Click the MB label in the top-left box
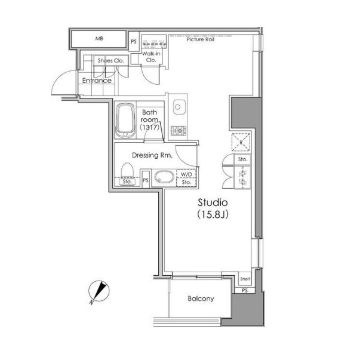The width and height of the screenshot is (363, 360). [99, 39]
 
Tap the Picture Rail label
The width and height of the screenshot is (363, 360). [201, 39]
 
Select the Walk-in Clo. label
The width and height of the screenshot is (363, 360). [151, 57]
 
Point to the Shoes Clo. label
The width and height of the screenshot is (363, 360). [111, 61]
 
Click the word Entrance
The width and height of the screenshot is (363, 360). [97, 81]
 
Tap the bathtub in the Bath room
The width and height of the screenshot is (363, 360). [125, 121]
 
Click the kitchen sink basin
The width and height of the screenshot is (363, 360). [178, 107]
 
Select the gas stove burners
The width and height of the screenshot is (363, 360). [179, 131]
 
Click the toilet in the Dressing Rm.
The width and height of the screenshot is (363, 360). [127, 170]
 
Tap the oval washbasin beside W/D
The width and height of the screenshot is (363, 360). [164, 177]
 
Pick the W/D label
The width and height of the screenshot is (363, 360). [186, 174]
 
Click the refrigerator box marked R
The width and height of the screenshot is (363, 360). [241, 142]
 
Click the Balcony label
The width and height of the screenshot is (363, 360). [201, 299]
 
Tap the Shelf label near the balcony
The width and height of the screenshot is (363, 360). [245, 279]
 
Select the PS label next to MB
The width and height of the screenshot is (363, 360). [134, 42]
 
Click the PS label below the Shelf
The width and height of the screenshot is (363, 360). [245, 290]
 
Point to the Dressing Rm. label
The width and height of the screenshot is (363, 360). [152, 155]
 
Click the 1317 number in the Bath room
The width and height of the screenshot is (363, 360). [149, 127]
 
